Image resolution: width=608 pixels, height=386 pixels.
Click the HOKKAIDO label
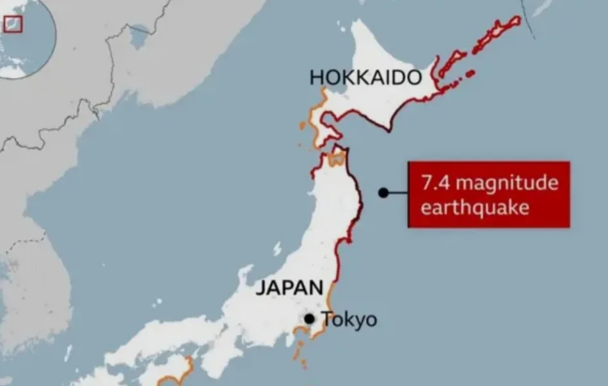pos(365,78)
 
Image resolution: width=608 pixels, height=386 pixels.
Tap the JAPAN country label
pos(289,288)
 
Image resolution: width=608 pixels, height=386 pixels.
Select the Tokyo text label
pos(349,320)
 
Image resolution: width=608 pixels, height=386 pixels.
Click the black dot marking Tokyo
pos(310,318)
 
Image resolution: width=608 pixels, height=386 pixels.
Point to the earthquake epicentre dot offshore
pos(383,192)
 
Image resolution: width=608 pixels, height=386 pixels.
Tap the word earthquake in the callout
pos(474,208)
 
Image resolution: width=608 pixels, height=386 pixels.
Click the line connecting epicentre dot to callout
pos(398,192)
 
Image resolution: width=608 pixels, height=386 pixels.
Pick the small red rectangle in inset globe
pos(13,24)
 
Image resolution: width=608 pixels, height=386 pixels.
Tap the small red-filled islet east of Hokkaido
pos(470,73)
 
